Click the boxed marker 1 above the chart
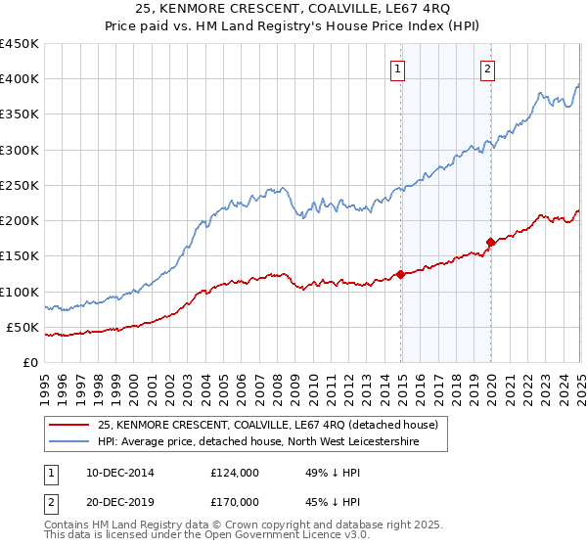tap(399, 68)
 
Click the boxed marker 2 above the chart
tap(488, 68)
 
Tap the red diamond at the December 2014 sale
tap(401, 275)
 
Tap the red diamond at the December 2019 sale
tap(490, 242)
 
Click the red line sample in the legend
tap(69, 424)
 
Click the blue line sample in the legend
tap(69, 441)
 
